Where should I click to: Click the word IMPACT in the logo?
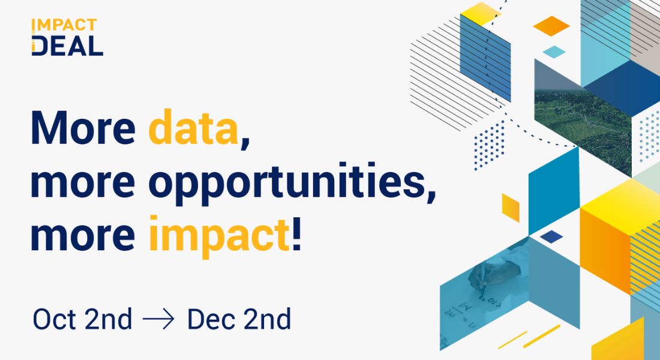tap(64, 25)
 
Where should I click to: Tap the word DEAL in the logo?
tap(67, 46)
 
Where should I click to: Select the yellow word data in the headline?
tap(194, 128)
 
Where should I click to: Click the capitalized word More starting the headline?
tap(83, 128)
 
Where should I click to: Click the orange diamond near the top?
tap(551, 26)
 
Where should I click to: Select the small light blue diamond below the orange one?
tap(554, 52)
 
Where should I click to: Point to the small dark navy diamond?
tap(551, 236)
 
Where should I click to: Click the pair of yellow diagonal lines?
tap(529, 337)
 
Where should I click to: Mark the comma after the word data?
tap(244, 140)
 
